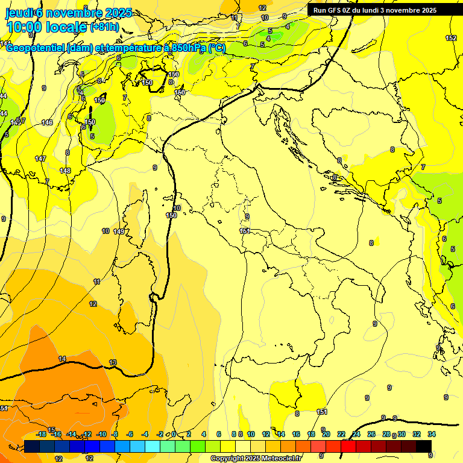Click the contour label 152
point(451,39)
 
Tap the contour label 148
point(65,171)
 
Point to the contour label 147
point(40,159)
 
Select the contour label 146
point(47,123)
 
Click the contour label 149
point(119,231)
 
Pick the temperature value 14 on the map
point(62,359)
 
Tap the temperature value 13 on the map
point(113,362)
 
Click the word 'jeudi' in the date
point(20,13)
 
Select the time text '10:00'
point(27,27)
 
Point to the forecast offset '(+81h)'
point(104,28)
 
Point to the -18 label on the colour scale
point(41,434)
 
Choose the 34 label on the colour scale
point(432,434)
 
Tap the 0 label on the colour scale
point(173,434)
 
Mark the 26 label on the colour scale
point(371,434)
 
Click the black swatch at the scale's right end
point(423,446)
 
